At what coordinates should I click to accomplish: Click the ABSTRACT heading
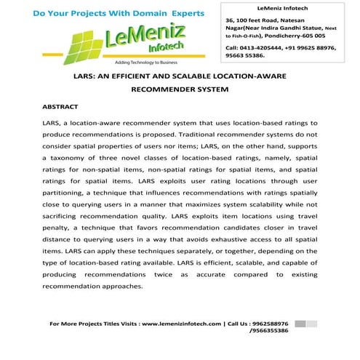point(60,107)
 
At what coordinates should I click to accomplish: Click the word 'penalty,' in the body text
point(60,244)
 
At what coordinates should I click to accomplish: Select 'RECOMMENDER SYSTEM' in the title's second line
point(180,90)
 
